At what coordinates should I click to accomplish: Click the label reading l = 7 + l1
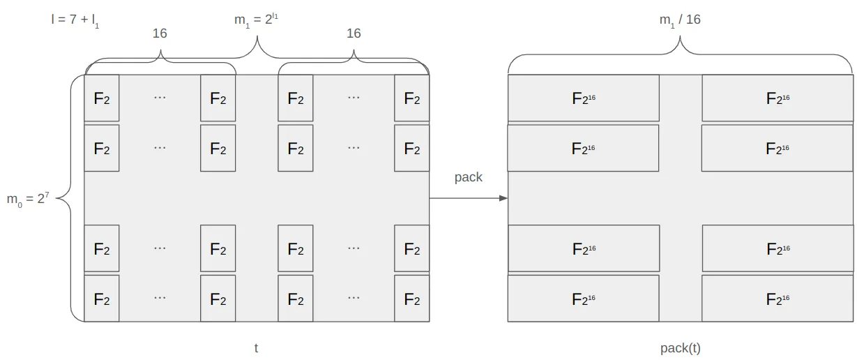tap(75, 20)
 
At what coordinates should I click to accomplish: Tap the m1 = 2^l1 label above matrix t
tap(256, 20)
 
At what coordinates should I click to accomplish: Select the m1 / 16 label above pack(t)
tap(680, 20)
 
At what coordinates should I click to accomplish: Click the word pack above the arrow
tap(469, 177)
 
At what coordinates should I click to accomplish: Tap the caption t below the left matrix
tap(256, 347)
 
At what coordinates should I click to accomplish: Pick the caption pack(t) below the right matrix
tap(680, 347)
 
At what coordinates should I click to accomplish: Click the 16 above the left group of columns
tap(160, 33)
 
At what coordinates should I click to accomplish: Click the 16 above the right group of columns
tap(354, 33)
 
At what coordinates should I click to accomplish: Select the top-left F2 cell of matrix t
tap(102, 98)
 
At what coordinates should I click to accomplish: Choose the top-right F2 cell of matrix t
tap(412, 98)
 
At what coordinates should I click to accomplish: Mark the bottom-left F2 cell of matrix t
tap(102, 299)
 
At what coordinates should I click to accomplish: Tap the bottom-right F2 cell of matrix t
tap(412, 299)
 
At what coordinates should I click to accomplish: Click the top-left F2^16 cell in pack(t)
tap(584, 98)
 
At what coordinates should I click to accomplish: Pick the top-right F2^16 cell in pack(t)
tap(778, 98)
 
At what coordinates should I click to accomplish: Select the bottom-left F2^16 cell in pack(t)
tap(584, 299)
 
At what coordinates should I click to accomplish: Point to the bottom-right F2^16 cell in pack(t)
tap(778, 299)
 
